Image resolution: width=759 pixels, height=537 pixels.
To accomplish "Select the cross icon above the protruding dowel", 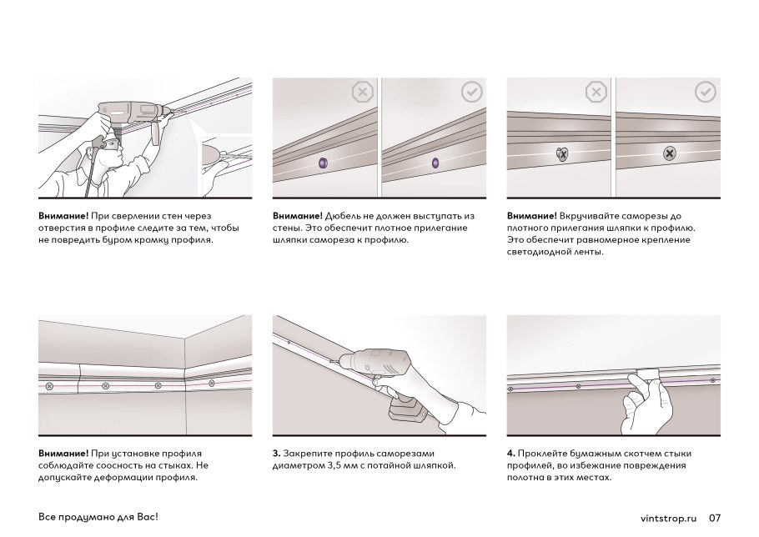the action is tap(362, 92).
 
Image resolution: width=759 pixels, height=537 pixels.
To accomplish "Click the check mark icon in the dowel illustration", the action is tap(471, 92).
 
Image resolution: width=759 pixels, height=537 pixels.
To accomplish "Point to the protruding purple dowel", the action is tap(324, 163).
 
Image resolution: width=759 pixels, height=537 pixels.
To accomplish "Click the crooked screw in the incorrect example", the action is tap(562, 153).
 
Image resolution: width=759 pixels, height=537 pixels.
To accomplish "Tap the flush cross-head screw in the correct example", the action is tap(670, 153).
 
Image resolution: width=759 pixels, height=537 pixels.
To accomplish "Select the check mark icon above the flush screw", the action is tap(705, 92).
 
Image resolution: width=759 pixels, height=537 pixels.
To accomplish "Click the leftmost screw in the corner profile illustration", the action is tap(49, 386).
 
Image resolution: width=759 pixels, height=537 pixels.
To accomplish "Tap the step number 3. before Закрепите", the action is tap(276, 454).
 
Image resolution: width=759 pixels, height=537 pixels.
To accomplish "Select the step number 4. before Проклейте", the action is tap(511, 454).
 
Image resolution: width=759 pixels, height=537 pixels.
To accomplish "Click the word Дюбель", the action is tap(342, 216).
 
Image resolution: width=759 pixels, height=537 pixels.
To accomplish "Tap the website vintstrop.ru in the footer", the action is tap(668, 518).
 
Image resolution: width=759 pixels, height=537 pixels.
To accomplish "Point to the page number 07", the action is tap(715, 518).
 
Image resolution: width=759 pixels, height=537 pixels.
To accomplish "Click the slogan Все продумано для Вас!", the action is tap(98, 517).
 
